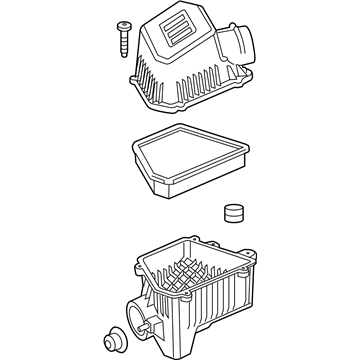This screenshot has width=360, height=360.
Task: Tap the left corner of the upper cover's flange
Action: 131,77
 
